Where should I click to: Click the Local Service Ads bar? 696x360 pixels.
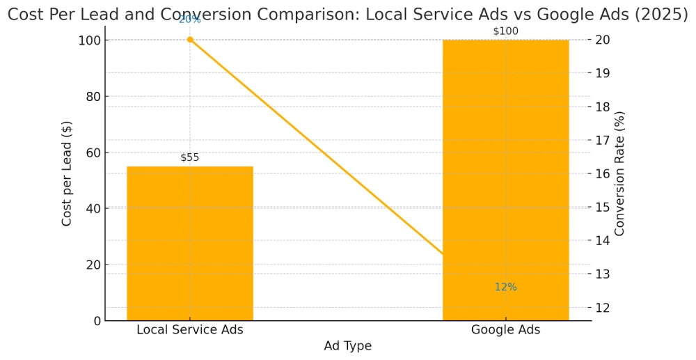coord(189,244)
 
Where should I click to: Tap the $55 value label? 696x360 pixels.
coord(189,157)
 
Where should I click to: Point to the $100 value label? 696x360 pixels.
coord(505,31)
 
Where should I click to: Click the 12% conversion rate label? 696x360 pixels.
coord(505,287)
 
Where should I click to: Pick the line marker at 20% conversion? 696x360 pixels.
coord(190,40)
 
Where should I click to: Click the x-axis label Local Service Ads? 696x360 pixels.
coord(189,330)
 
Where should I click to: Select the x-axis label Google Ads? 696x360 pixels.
coord(505,330)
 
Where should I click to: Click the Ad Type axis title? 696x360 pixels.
coord(347,346)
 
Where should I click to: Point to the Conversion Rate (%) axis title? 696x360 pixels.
coord(619,173)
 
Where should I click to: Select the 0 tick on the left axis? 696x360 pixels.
coord(97,321)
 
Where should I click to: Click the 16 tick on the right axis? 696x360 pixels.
coord(602,173)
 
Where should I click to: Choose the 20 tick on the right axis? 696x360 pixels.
coord(602,40)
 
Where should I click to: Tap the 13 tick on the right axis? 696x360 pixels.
coord(602,274)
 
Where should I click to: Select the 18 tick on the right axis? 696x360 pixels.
coord(602,107)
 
